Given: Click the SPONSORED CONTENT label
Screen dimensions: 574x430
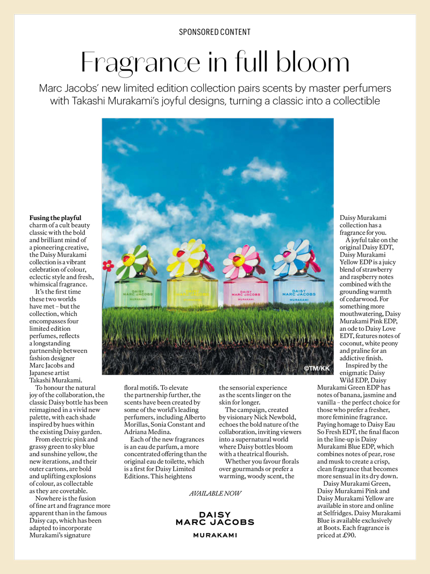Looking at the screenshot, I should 215,32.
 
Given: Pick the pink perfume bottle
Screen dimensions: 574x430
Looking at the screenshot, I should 243,295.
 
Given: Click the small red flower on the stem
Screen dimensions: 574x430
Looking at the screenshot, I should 108,266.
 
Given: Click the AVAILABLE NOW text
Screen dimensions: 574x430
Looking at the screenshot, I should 215,493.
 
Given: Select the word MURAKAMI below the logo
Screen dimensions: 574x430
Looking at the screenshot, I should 215,535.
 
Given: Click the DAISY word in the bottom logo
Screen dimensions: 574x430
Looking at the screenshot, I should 215,515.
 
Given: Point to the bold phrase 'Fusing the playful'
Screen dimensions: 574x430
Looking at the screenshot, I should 55,218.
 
